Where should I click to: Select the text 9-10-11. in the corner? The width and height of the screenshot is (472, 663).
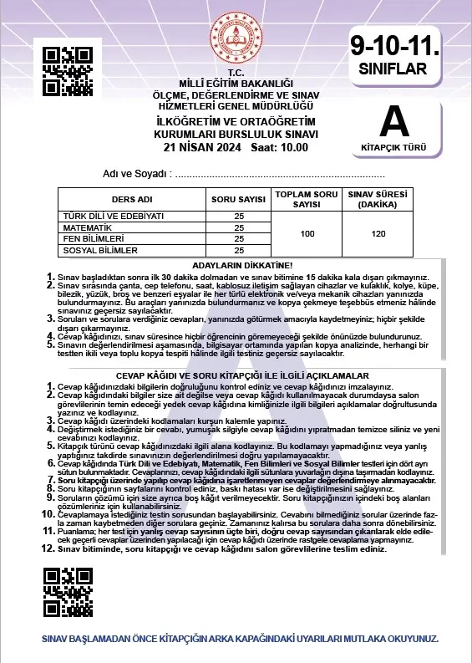(x=394, y=44)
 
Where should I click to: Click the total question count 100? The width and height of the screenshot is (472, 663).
(x=307, y=233)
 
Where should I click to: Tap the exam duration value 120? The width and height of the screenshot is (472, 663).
(x=378, y=233)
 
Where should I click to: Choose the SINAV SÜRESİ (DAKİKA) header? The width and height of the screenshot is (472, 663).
(x=378, y=201)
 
